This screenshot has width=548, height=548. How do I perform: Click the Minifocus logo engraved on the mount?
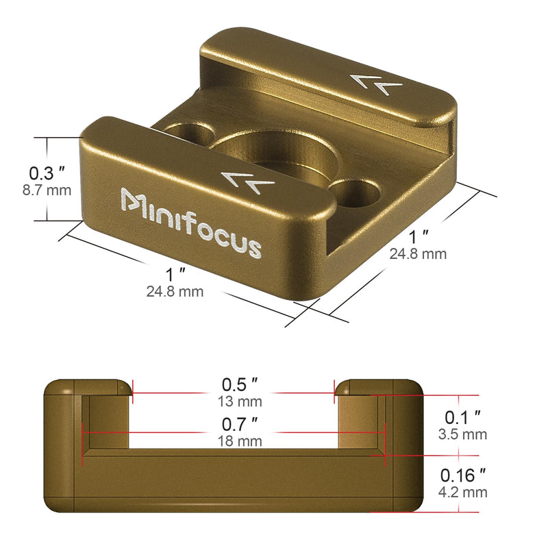191,223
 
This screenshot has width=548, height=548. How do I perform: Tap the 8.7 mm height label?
47,190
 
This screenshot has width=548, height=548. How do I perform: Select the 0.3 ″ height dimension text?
47,173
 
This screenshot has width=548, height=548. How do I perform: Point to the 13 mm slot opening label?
240,401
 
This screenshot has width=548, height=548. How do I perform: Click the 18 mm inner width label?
240,441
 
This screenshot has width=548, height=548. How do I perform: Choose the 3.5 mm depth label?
462,434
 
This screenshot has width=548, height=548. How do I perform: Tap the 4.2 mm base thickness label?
462,492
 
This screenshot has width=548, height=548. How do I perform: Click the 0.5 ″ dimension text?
240,384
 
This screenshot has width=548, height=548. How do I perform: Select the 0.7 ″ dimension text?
240,424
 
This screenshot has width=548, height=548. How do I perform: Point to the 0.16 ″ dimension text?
463,475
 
